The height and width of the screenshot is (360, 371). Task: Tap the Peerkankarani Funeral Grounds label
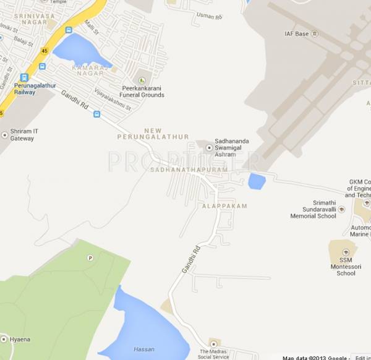tap(142, 92)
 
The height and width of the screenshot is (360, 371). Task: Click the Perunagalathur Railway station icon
tap(24, 77)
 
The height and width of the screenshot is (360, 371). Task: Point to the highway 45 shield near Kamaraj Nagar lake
tap(44, 50)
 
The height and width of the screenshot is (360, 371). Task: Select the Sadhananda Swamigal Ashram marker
tap(209, 148)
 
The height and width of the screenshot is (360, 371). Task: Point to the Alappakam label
tap(224, 205)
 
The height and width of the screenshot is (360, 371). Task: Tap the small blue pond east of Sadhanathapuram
tap(257, 181)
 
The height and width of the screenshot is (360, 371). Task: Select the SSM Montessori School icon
tap(345, 252)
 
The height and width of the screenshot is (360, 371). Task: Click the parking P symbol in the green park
tap(90, 257)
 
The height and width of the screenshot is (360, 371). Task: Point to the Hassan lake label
tap(144, 349)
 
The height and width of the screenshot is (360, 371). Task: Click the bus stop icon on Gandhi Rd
tap(96, 114)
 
